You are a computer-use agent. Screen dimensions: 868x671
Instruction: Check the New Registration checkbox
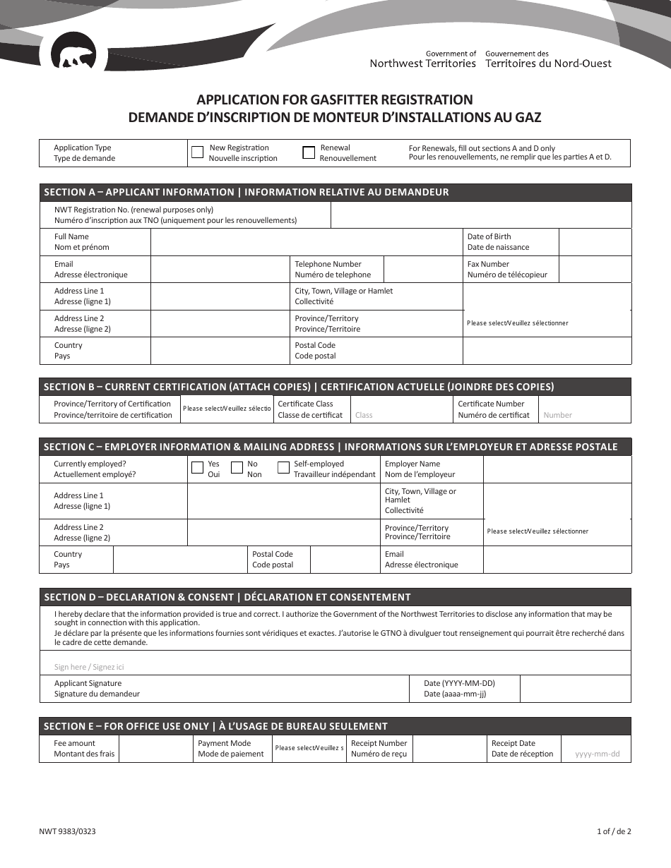click(x=198, y=152)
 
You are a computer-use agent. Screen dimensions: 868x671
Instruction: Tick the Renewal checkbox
click(x=309, y=152)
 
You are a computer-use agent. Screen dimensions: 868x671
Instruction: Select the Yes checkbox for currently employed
click(x=198, y=467)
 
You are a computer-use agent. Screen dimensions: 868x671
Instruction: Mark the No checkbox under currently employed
click(x=237, y=467)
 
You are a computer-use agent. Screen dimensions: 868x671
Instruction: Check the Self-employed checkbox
click(x=283, y=467)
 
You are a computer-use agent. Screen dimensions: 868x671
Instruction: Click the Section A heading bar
click(x=335, y=192)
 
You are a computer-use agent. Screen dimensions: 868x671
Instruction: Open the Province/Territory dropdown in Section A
click(x=547, y=323)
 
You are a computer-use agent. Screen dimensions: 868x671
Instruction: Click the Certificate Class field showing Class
click(x=401, y=415)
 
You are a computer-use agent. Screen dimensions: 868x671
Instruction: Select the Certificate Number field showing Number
click(x=584, y=415)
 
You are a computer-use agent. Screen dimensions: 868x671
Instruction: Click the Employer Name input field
click(x=557, y=469)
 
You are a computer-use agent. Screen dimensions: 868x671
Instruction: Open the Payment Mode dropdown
click(x=310, y=748)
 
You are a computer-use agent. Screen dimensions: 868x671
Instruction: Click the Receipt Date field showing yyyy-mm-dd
click(x=596, y=754)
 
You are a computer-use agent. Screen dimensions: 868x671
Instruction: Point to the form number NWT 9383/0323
click(x=68, y=831)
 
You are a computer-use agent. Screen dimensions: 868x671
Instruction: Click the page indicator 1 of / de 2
click(x=613, y=831)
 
